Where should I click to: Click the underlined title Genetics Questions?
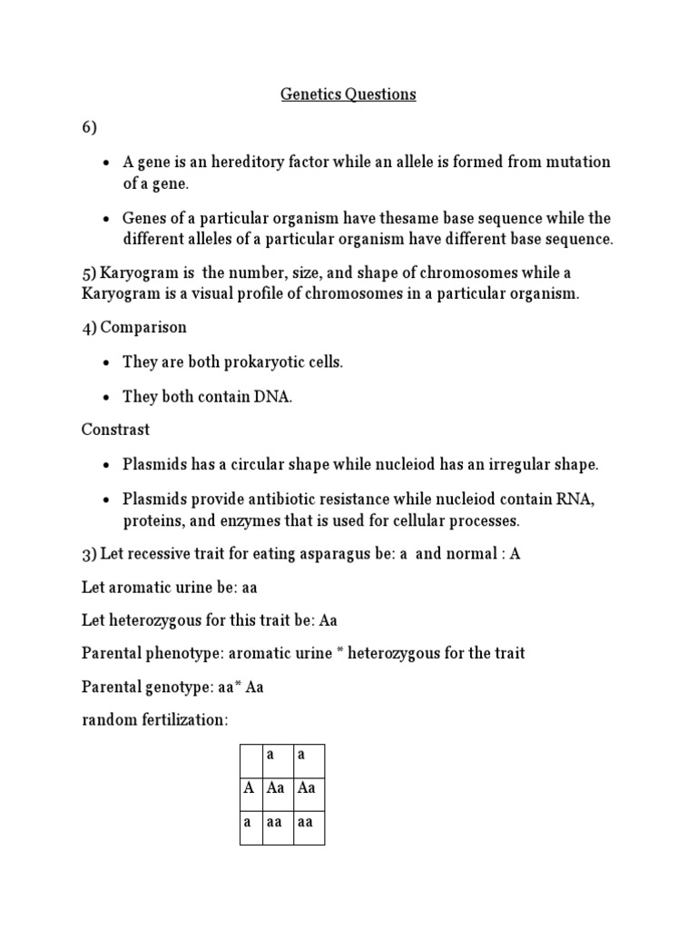pos(348,94)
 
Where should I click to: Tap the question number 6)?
pos(89,128)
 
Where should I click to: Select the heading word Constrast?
pos(116,429)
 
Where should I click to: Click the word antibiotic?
pos(270,500)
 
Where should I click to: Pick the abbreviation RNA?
pos(574,500)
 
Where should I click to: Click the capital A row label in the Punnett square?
pos(249,788)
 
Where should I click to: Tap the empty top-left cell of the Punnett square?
pos(250,756)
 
